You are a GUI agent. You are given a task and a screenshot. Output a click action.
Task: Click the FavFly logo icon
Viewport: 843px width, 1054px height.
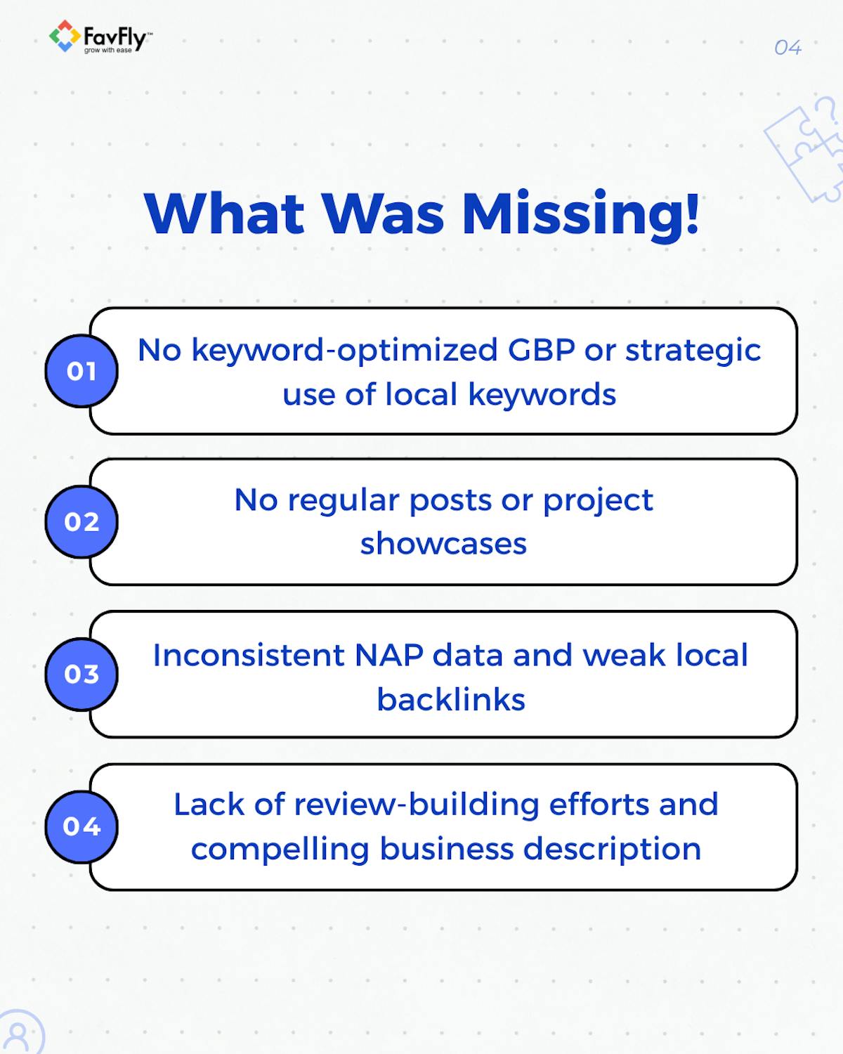tap(65, 36)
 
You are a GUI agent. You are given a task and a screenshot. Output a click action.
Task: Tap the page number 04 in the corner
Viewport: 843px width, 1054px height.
tap(788, 48)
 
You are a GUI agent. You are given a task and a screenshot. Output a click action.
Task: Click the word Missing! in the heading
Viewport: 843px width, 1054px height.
tap(580, 216)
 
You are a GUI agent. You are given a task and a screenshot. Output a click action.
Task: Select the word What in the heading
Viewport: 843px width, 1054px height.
tap(224, 214)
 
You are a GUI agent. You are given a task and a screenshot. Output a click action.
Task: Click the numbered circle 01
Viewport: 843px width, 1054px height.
tap(81, 371)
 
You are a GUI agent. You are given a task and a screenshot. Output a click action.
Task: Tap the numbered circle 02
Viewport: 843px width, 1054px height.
tap(81, 521)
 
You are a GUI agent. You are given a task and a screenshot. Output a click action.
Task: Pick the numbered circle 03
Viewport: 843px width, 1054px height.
tap(81, 674)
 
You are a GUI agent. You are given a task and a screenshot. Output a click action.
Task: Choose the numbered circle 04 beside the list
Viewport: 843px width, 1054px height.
tap(81, 826)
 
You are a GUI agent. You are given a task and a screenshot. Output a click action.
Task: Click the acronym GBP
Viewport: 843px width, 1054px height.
tap(541, 350)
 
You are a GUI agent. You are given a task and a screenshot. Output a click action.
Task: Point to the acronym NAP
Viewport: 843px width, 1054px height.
tap(388, 655)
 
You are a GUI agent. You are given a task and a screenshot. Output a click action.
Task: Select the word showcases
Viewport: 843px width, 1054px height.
tap(443, 544)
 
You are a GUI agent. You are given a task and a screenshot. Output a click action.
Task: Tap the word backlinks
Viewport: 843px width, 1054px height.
tap(450, 699)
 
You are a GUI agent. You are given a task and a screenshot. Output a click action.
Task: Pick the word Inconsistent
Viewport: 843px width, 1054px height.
tap(249, 655)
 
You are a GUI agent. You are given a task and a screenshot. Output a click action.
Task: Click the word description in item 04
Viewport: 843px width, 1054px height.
tap(613, 850)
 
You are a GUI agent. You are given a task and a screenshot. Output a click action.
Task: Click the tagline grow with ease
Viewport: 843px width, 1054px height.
tap(107, 51)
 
